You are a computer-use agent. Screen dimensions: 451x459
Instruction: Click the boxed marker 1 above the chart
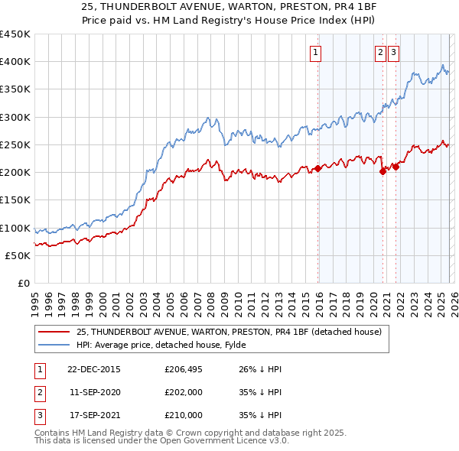pyautogui.click(x=315, y=53)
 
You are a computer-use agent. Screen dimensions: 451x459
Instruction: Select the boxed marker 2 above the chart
pyautogui.click(x=380, y=53)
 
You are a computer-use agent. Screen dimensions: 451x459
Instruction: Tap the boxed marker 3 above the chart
pyautogui.click(x=393, y=53)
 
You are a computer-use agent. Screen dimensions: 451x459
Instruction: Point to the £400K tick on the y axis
pyautogui.click(x=15, y=62)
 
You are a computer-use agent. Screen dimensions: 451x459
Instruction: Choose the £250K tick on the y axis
pyautogui.click(x=15, y=145)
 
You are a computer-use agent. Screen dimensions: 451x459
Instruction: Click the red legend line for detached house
pyautogui.click(x=53, y=332)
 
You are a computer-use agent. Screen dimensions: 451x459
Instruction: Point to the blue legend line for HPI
pyautogui.click(x=53, y=345)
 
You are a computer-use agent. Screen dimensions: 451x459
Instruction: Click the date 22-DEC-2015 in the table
pyautogui.click(x=93, y=369)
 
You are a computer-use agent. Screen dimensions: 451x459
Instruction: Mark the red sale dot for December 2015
pyautogui.click(x=317, y=169)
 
